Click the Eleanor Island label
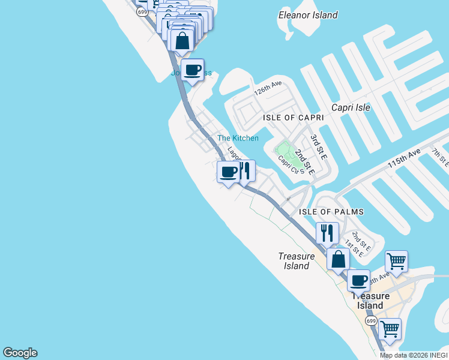(x=308, y=15)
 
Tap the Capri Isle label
(x=351, y=107)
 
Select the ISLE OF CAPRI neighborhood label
(x=294, y=118)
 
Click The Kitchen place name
(x=238, y=138)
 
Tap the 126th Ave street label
(x=268, y=89)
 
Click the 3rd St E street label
(x=318, y=147)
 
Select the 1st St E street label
(x=354, y=248)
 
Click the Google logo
(x=20, y=353)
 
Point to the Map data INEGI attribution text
(x=414, y=355)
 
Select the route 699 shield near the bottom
(x=371, y=322)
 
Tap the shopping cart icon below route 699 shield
(x=390, y=329)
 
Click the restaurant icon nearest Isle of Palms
(x=327, y=232)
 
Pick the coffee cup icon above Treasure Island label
(x=359, y=280)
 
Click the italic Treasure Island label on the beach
(x=297, y=261)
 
